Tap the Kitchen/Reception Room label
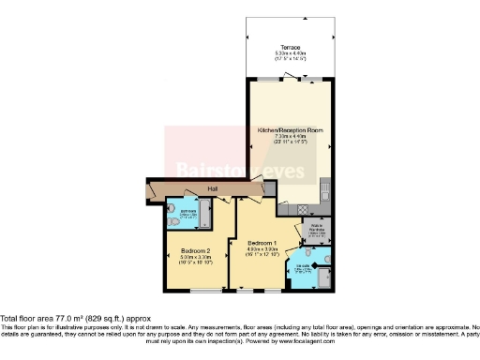coord(288,130)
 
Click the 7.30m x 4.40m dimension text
coord(288,137)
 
